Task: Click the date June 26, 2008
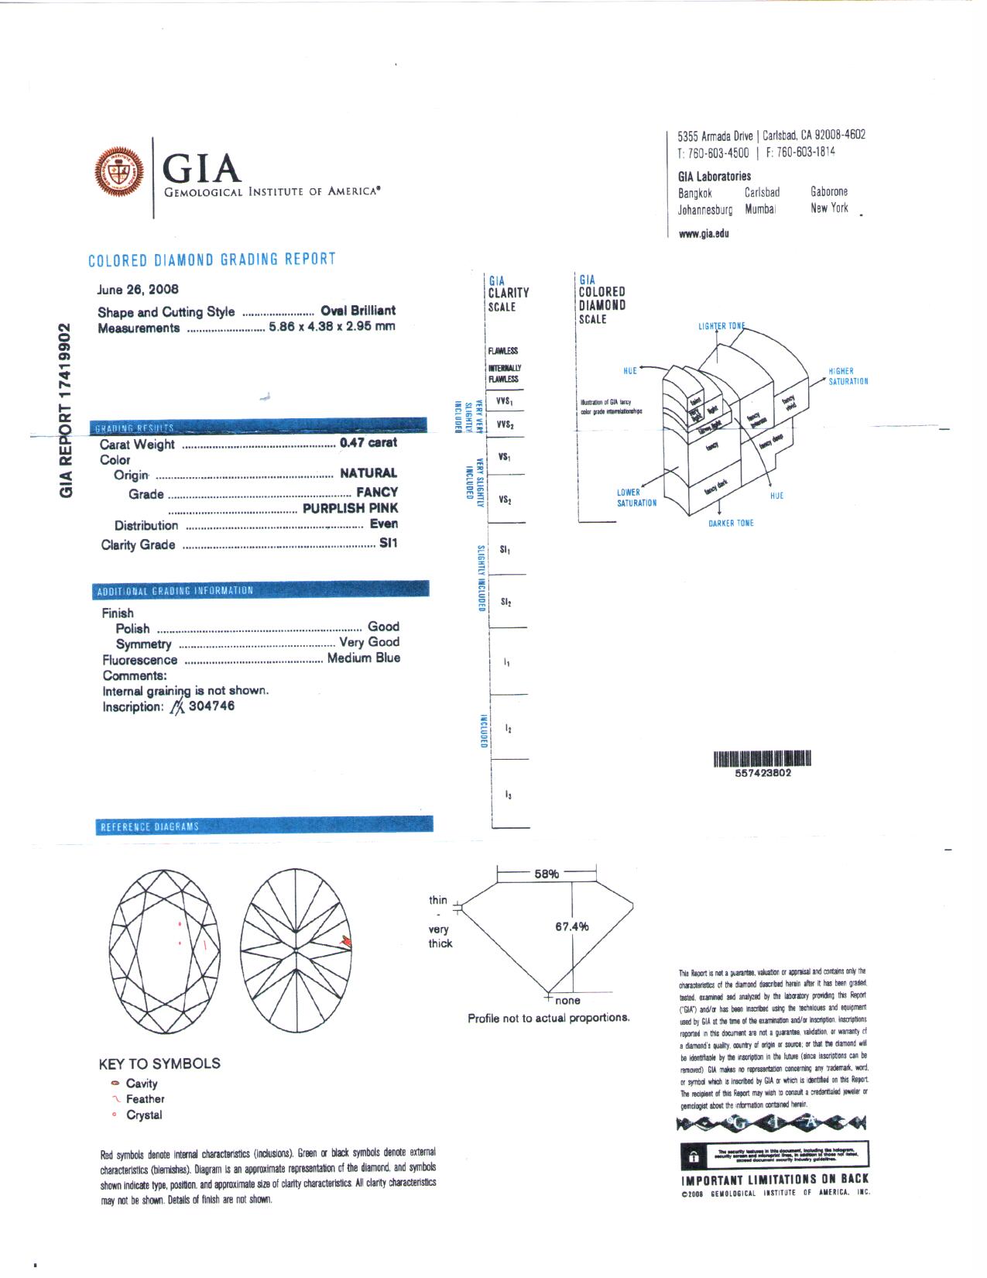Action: (x=138, y=290)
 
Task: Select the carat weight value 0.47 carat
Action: (x=368, y=443)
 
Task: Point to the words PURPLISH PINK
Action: (x=350, y=508)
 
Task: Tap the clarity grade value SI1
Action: (x=388, y=544)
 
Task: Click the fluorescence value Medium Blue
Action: (x=363, y=658)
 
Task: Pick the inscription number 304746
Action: (x=211, y=706)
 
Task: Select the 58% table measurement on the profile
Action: (x=546, y=874)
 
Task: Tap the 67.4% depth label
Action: (x=571, y=926)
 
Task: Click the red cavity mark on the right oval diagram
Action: (x=348, y=941)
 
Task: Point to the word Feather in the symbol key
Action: (x=146, y=1099)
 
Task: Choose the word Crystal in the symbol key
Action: (x=144, y=1115)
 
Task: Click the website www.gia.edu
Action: (x=704, y=234)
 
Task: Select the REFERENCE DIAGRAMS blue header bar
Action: (x=263, y=826)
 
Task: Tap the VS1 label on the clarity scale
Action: (x=505, y=457)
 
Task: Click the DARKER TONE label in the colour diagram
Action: (x=731, y=524)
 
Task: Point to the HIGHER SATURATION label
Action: (x=848, y=376)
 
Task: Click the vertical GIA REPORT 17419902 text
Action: (x=67, y=411)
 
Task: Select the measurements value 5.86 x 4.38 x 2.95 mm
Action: (x=331, y=326)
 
